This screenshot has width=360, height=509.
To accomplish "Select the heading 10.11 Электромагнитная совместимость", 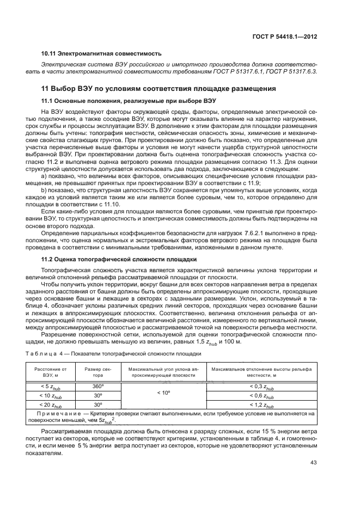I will pyautogui.click(x=102, y=54).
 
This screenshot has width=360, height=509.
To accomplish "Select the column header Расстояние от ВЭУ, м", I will pyautogui.click(x=50, y=372).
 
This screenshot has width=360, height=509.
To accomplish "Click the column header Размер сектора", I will pyautogui.click(x=97, y=372).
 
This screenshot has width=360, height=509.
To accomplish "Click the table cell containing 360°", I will pyautogui.click(x=98, y=386).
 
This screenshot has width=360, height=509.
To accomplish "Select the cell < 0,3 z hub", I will pyautogui.click(x=261, y=387).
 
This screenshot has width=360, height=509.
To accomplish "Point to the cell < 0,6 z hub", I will pyautogui.click(x=261, y=396).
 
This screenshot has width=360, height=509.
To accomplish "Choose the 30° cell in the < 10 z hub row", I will pyautogui.click(x=98, y=396).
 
